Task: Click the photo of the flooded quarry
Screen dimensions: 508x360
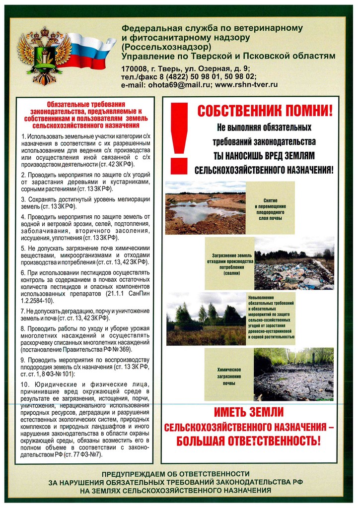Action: pyautogui.click(x=206, y=207)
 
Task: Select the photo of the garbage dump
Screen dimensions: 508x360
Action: pyautogui.click(x=294, y=263)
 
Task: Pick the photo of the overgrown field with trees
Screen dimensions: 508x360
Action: pyautogui.click(x=206, y=318)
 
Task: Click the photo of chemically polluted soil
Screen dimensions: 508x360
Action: pyautogui.click(x=293, y=374)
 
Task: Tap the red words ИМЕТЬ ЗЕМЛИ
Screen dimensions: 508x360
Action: pyautogui.click(x=248, y=412)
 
